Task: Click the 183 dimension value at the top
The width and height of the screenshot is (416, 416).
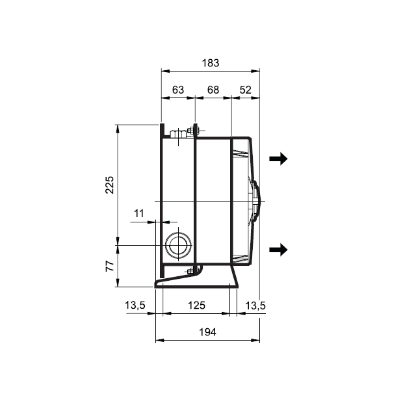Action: pyautogui.click(x=211, y=63)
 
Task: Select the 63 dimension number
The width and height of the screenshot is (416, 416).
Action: pyautogui.click(x=178, y=90)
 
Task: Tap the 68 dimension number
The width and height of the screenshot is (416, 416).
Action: pyautogui.click(x=213, y=90)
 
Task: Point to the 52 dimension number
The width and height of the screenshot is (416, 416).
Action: pyautogui.click(x=246, y=90)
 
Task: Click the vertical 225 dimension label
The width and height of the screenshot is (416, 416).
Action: pyautogui.click(x=110, y=185)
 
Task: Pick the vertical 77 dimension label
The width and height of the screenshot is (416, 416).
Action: pyautogui.click(x=110, y=266)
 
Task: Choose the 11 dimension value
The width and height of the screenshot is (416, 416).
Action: pyautogui.click(x=138, y=213)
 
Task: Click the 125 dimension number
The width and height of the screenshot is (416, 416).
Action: pyautogui.click(x=196, y=305)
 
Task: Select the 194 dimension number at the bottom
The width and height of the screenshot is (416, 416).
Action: pyautogui.click(x=208, y=332)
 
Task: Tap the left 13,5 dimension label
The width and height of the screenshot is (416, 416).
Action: pyautogui.click(x=135, y=305)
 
